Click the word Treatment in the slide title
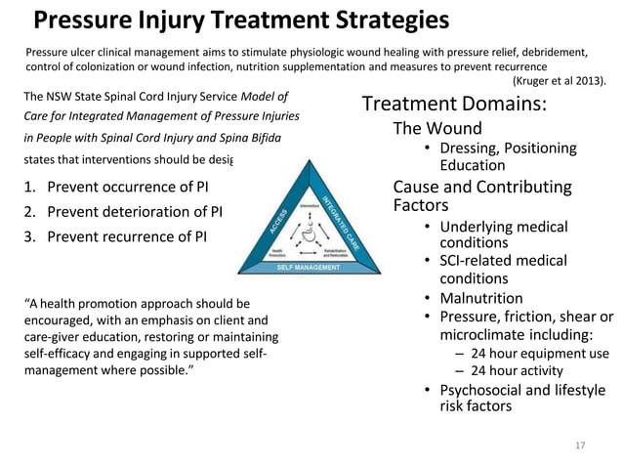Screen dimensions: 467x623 pos(250,21)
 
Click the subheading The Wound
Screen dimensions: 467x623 pos(437,129)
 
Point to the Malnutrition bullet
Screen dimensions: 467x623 pos(480,298)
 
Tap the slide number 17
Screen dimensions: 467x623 pos(580,446)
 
